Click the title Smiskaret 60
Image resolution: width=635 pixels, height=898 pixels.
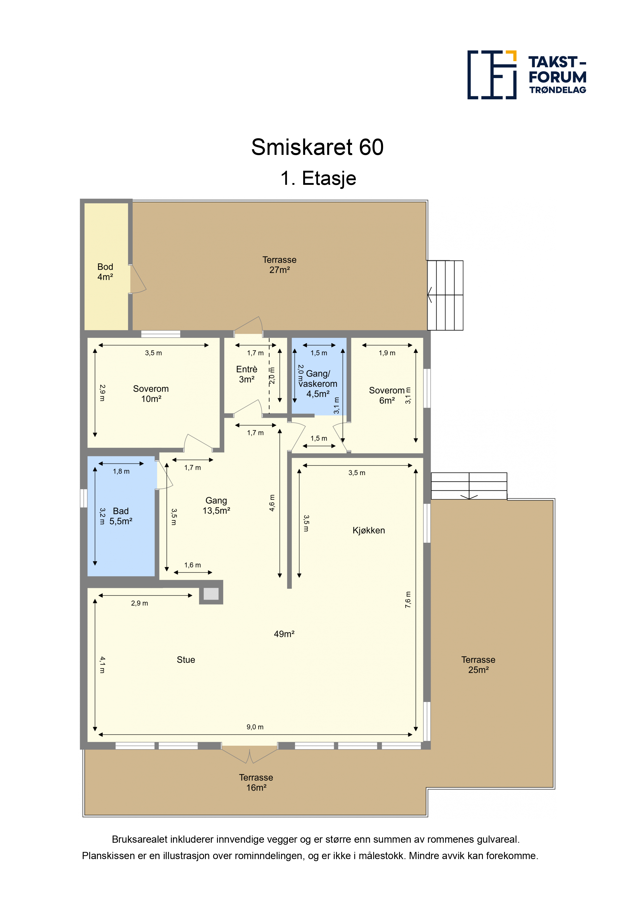click(x=317, y=147)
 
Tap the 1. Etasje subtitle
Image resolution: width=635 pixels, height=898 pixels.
click(x=318, y=178)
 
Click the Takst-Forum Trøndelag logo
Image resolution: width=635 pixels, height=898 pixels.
click(x=527, y=75)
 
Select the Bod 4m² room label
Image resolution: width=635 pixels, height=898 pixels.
click(x=105, y=272)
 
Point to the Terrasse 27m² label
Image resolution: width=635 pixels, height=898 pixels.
click(x=279, y=265)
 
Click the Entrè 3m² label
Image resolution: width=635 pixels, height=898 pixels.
click(x=247, y=374)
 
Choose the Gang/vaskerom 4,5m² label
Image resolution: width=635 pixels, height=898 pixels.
click(x=318, y=384)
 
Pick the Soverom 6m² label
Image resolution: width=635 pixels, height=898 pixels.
click(x=387, y=395)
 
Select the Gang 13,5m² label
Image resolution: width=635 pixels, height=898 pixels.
click(x=216, y=506)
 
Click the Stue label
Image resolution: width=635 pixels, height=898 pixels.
click(x=186, y=660)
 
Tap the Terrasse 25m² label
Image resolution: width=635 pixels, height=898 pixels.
click(x=479, y=665)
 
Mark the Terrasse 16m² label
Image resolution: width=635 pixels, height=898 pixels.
click(x=256, y=783)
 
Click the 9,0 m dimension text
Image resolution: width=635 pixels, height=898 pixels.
click(x=255, y=727)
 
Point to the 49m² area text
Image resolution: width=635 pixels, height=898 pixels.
click(x=284, y=634)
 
